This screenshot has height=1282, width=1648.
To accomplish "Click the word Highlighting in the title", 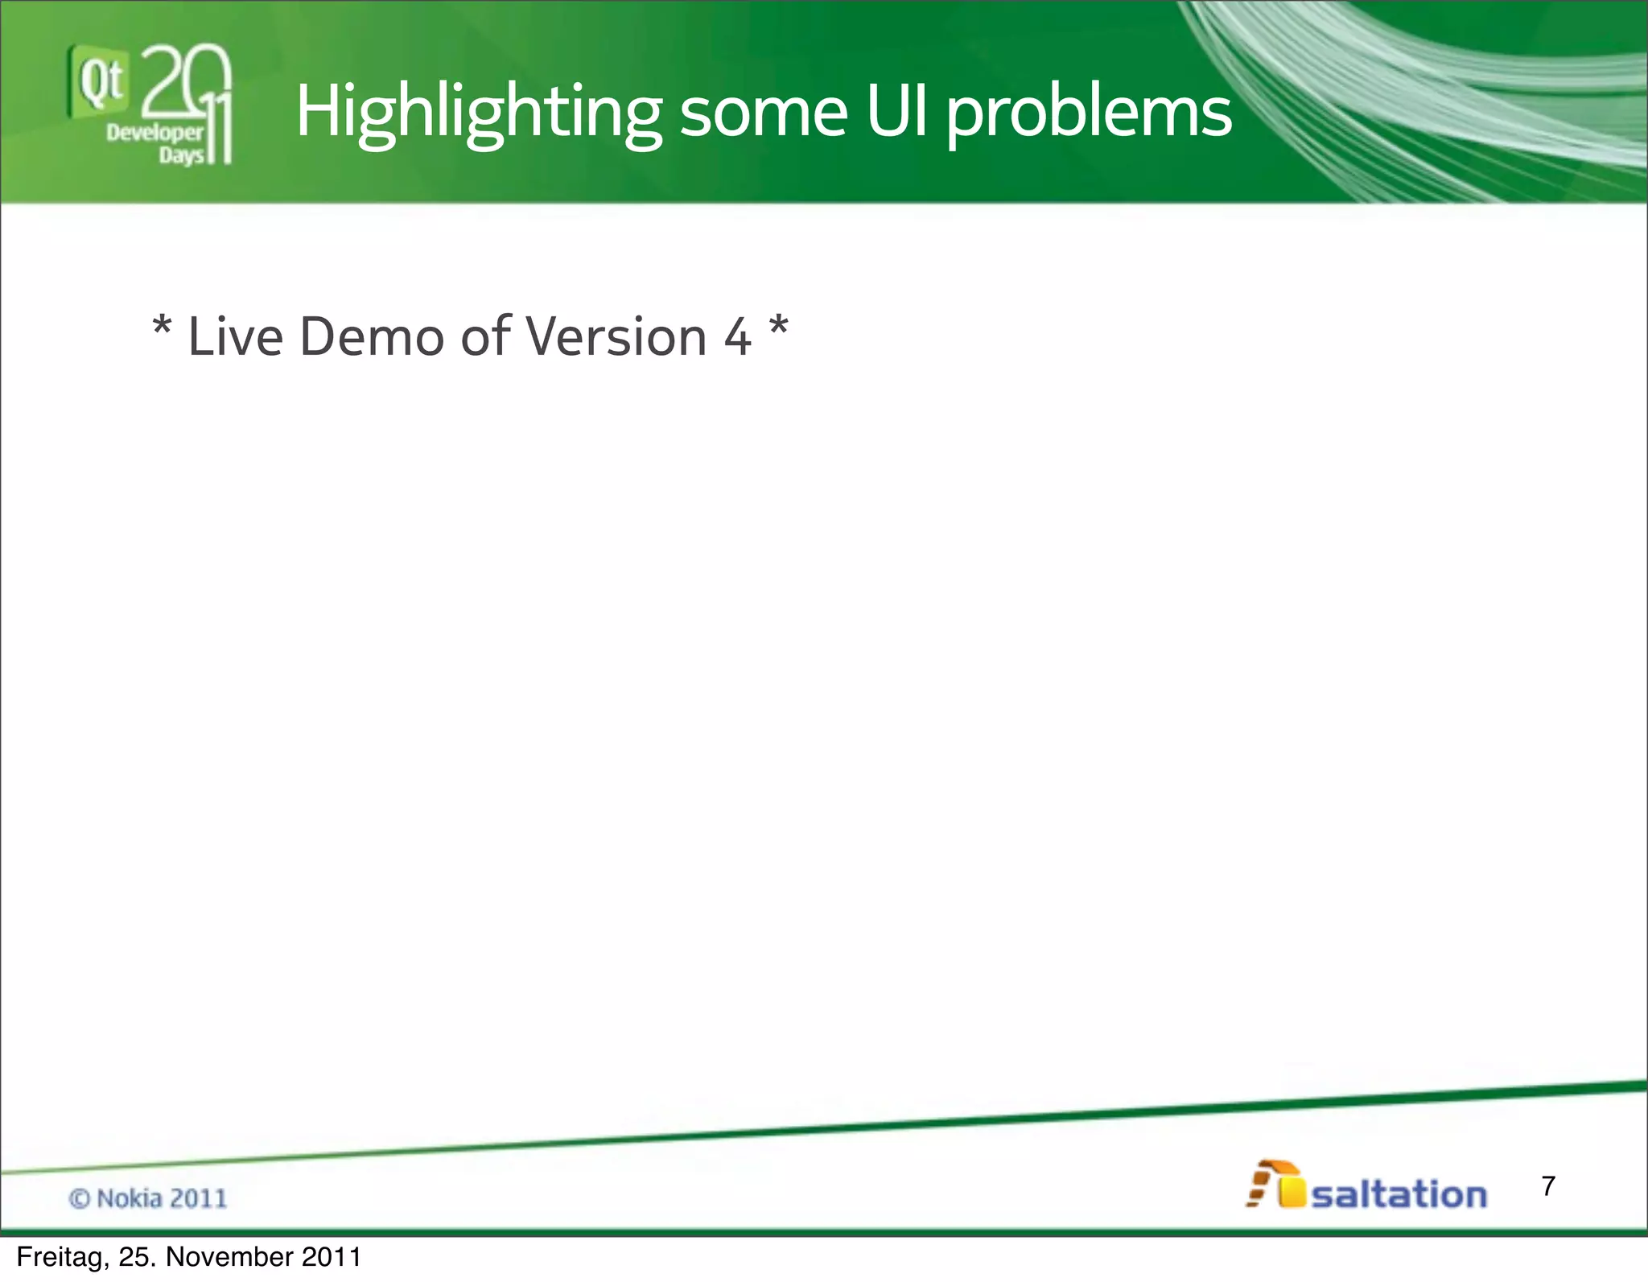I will pos(478,113).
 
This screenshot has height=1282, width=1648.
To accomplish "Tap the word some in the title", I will pos(763,113).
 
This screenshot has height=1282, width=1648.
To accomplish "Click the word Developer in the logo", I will pos(154,133).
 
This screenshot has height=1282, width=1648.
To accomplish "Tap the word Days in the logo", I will pos(182,155).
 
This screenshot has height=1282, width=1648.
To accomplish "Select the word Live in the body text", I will pos(235,336).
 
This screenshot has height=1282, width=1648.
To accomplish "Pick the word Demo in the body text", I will pos(371,336).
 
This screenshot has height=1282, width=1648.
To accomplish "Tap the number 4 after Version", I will pos(737,337).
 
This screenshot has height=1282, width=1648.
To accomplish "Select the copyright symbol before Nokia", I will pos(79,1198).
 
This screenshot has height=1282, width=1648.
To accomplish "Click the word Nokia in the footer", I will pos(129,1198).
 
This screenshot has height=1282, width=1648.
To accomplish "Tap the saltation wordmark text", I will pos(1399,1193).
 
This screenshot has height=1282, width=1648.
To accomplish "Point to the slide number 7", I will pos(1547,1185).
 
